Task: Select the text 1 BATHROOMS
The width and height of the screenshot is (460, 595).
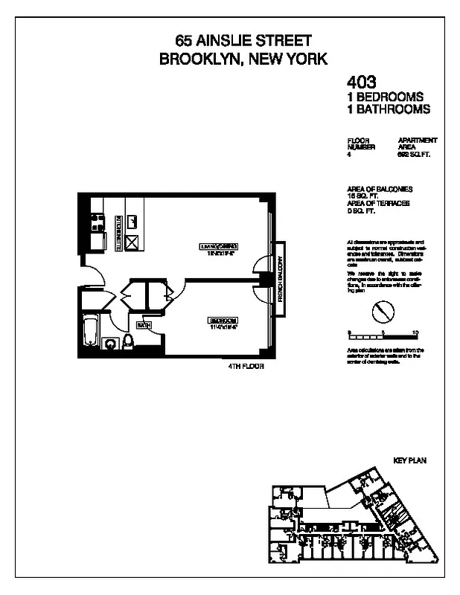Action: (389, 109)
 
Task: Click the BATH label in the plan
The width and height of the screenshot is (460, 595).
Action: (144, 325)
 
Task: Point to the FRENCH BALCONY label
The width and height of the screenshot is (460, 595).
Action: (281, 280)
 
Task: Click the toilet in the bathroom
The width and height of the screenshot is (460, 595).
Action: (127, 342)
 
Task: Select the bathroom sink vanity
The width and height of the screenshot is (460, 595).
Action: (110, 344)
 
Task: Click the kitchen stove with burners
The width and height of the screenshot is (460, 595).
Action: (96, 222)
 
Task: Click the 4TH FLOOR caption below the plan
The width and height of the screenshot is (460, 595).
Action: (246, 367)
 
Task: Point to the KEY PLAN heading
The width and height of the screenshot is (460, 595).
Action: (409, 461)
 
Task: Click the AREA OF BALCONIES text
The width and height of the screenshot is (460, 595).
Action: (379, 189)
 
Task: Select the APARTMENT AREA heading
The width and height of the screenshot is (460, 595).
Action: (418, 144)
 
